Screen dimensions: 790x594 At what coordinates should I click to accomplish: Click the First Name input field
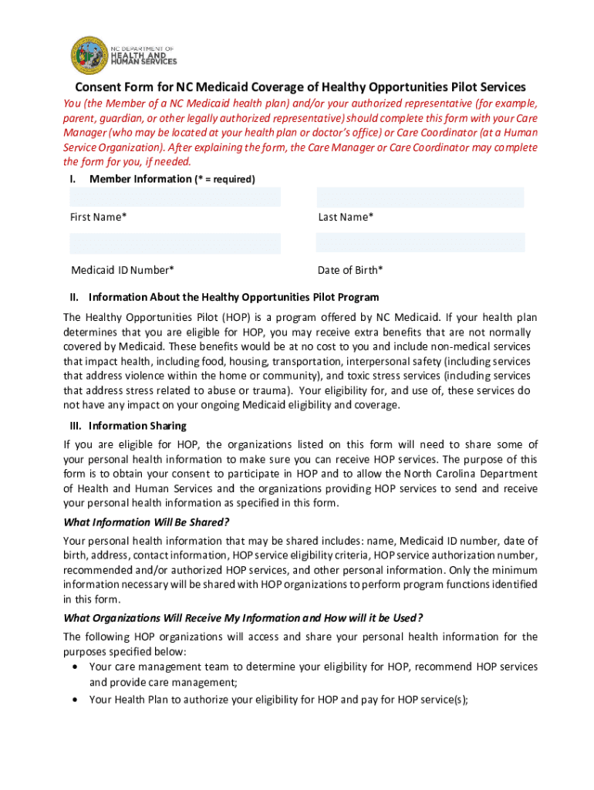pyautogui.click(x=175, y=197)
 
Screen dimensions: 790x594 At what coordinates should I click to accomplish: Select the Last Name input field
pyautogui.click(x=420, y=197)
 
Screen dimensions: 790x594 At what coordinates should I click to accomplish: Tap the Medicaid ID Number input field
pyautogui.click(x=175, y=244)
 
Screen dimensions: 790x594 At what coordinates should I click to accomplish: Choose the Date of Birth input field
pyautogui.click(x=420, y=242)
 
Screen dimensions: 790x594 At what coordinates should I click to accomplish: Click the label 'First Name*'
pyautogui.click(x=99, y=218)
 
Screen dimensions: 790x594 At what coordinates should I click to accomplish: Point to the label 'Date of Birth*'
pyautogui.click(x=350, y=270)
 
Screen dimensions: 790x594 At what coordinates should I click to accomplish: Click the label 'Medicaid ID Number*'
pyautogui.click(x=122, y=270)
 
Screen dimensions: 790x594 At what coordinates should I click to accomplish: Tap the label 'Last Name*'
pyautogui.click(x=346, y=218)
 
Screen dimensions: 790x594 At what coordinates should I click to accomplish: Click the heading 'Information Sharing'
pyautogui.click(x=137, y=426)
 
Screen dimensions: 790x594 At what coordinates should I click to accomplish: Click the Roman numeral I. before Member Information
pyautogui.click(x=73, y=179)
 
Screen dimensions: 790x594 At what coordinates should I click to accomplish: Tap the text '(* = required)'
pyautogui.click(x=224, y=179)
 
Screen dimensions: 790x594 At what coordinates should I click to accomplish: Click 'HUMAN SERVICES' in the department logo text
pyautogui.click(x=145, y=62)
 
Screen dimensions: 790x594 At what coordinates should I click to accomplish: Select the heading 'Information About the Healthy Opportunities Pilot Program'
pyautogui.click(x=234, y=297)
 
